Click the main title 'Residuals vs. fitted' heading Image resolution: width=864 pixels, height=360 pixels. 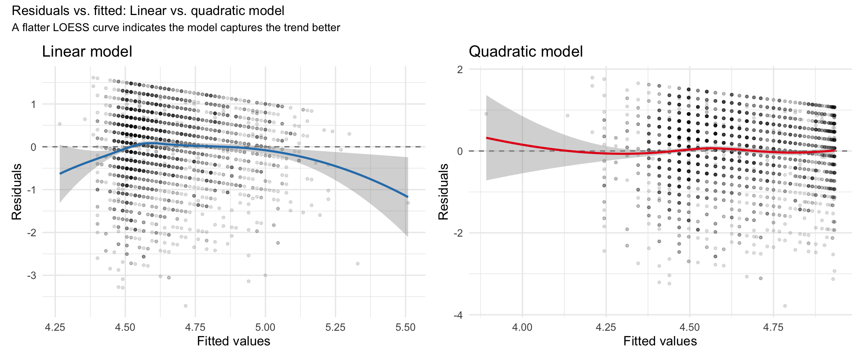point(148,11)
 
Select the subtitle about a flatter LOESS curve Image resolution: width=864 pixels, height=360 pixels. point(176,28)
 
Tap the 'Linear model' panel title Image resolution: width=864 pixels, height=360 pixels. point(87,52)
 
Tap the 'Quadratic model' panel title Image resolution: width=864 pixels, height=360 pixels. point(525,52)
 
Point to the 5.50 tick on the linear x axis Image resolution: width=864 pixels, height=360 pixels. point(405,327)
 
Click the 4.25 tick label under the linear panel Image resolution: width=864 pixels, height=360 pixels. point(55,327)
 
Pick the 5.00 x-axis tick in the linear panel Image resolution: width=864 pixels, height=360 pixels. point(265,327)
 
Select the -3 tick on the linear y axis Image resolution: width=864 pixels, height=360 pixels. point(31,276)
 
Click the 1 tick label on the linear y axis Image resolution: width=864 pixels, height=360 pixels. point(34,104)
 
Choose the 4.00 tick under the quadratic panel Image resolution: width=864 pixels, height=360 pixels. point(522,327)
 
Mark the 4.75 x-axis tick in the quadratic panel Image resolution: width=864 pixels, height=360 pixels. point(773,327)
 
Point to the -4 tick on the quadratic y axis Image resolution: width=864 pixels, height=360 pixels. point(458,315)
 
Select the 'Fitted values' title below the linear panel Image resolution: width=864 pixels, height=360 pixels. point(234,341)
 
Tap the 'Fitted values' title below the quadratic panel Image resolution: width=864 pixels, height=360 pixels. point(660,341)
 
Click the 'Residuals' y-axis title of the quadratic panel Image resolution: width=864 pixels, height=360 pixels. point(444,192)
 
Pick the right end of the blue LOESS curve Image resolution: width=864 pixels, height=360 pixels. point(408,197)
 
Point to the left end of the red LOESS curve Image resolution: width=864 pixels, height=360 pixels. point(486,138)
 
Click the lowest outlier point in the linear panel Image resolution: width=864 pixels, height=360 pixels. point(185,306)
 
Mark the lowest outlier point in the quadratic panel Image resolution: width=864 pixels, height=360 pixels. point(785,306)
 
